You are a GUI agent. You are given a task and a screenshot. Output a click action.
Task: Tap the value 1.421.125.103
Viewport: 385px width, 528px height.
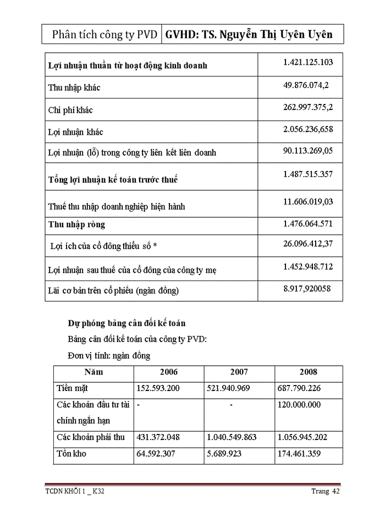pyautogui.click(x=308, y=62)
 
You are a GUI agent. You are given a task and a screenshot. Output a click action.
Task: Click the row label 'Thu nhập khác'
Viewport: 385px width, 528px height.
pyautogui.click(x=74, y=87)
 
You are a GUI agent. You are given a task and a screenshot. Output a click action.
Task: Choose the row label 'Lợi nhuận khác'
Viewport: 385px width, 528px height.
pyautogui.click(x=76, y=132)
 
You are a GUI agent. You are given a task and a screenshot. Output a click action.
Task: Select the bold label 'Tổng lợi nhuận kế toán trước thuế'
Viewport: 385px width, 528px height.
pyautogui.click(x=113, y=180)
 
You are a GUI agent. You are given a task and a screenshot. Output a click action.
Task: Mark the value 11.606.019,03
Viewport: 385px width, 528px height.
pyautogui.click(x=308, y=202)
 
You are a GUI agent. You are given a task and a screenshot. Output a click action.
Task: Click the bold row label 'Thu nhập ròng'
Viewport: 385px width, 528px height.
pyautogui.click(x=76, y=224)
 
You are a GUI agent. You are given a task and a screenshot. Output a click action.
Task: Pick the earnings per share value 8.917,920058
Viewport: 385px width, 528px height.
pyautogui.click(x=307, y=288)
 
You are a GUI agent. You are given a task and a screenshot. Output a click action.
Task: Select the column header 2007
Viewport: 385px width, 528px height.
pyautogui.click(x=239, y=372)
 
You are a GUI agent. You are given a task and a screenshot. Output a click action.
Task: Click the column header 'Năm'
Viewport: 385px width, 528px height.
pyautogui.click(x=94, y=372)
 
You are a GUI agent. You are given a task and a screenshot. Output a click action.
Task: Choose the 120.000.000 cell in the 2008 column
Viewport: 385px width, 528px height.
pyautogui.click(x=300, y=405)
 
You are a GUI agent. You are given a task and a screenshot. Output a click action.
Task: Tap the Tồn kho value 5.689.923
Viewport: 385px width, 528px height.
pyautogui.click(x=229, y=454)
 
